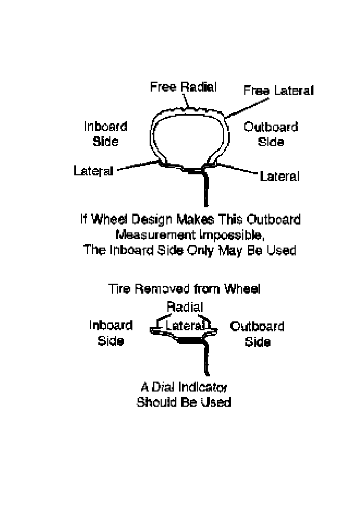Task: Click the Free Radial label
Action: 183,87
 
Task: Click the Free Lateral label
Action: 278,91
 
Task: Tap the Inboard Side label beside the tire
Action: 106,134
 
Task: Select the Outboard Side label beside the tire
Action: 271,135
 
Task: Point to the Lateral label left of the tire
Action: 94,171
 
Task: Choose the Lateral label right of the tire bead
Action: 279,176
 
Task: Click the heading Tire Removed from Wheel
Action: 184,288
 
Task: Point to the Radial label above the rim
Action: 184,306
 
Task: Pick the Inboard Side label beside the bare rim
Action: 110,333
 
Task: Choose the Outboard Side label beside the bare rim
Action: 257,334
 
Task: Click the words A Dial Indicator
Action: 184,387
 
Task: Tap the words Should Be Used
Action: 184,403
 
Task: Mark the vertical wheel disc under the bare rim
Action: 205,361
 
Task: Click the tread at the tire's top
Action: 188,108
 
